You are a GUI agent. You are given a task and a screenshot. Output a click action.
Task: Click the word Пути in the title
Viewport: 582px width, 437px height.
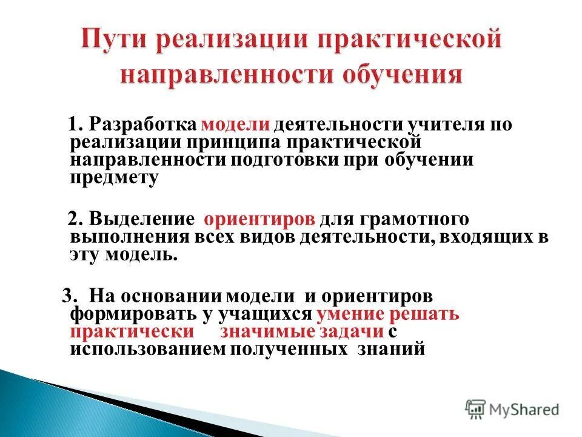tap(116, 42)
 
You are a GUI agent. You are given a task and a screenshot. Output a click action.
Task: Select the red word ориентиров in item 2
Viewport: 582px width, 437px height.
tap(259, 219)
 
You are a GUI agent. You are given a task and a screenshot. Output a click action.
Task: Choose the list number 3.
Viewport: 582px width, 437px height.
tap(69, 297)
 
